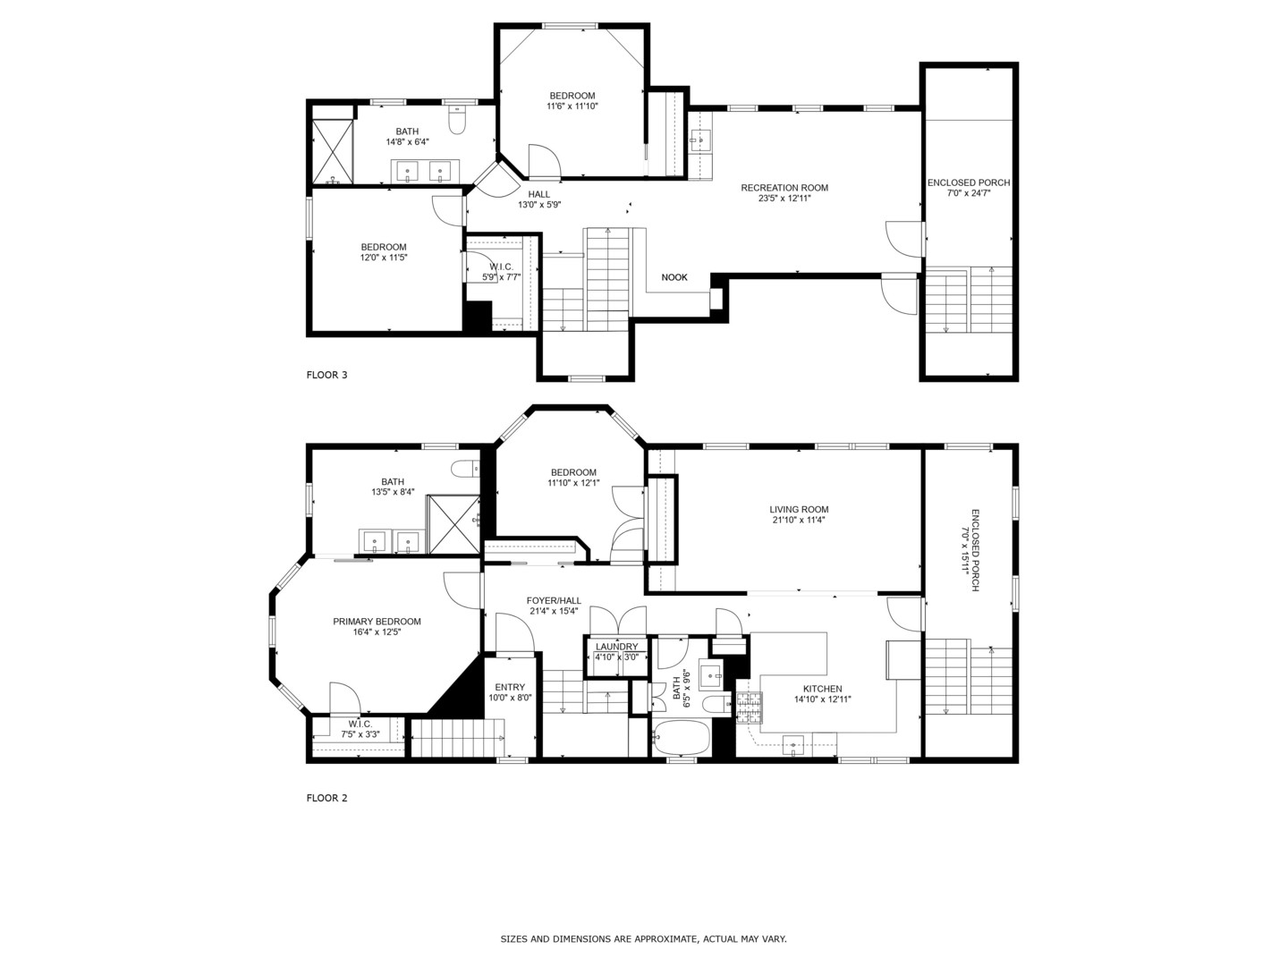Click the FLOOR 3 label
(x=326, y=375)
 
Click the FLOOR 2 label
(x=326, y=798)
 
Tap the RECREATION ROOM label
(x=784, y=188)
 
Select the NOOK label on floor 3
(x=674, y=277)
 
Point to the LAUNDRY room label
(x=616, y=647)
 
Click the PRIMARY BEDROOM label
(x=377, y=622)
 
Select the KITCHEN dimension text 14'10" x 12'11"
(x=822, y=700)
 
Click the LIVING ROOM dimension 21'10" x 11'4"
(x=799, y=520)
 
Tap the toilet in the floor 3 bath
(x=458, y=120)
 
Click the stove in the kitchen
(x=749, y=708)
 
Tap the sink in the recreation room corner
(x=699, y=139)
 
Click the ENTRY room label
(x=510, y=687)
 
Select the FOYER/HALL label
(x=554, y=601)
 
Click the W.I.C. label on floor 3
(x=501, y=267)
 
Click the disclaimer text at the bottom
(x=643, y=939)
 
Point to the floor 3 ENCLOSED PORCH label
(x=969, y=182)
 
